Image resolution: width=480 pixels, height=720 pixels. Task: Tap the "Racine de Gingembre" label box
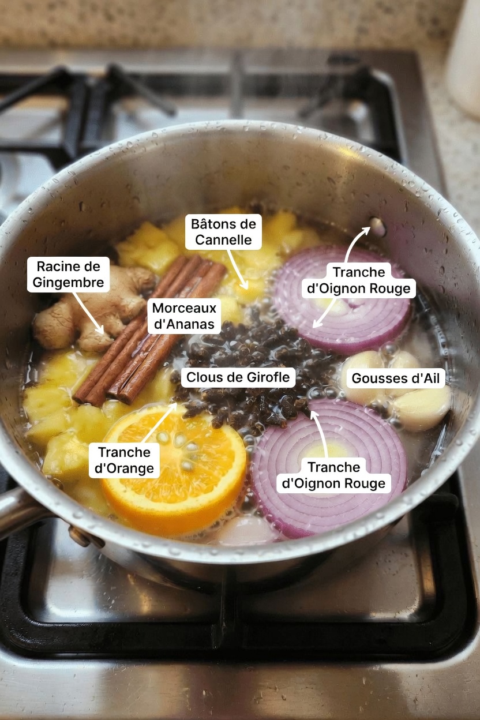coord(68,274)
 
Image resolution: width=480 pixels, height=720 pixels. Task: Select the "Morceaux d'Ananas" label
coord(184,316)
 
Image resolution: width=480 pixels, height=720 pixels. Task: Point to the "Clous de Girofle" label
coord(239,378)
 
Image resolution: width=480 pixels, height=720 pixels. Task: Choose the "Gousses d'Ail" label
coord(398,378)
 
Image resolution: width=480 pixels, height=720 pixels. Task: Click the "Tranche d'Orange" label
coord(124,460)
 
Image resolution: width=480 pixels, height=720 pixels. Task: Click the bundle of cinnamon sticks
coord(150,335)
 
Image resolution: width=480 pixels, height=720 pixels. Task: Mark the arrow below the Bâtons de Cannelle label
coord(238,269)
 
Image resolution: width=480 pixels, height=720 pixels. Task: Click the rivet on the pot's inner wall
coord(377,225)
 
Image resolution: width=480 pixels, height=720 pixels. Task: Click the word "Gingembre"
coord(68,282)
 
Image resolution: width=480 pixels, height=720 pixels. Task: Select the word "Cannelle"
coord(224,239)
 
